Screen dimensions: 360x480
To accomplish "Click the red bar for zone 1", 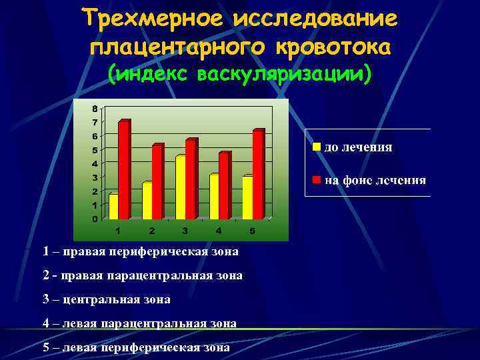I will point(123,170).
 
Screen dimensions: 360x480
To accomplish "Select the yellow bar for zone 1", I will point(113,207).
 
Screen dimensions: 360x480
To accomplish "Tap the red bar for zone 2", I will point(157,181).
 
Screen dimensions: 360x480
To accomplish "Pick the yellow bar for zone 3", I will point(180,187).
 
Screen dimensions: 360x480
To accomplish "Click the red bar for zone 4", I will point(224,186).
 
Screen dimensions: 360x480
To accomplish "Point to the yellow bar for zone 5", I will point(247,197).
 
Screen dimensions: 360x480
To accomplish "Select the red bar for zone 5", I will point(258,175).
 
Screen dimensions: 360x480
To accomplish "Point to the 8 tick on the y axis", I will point(95,109).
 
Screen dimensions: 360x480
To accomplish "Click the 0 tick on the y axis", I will point(95,219).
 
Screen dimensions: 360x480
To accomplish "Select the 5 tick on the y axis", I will point(95,150).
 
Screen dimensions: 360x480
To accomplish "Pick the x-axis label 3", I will point(185,231).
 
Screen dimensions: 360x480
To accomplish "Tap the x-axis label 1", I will point(118,231).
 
